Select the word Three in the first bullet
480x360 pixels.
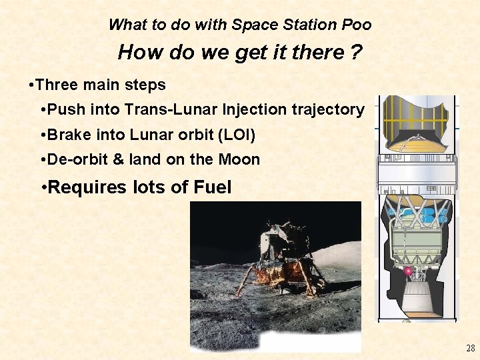point(55,85)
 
